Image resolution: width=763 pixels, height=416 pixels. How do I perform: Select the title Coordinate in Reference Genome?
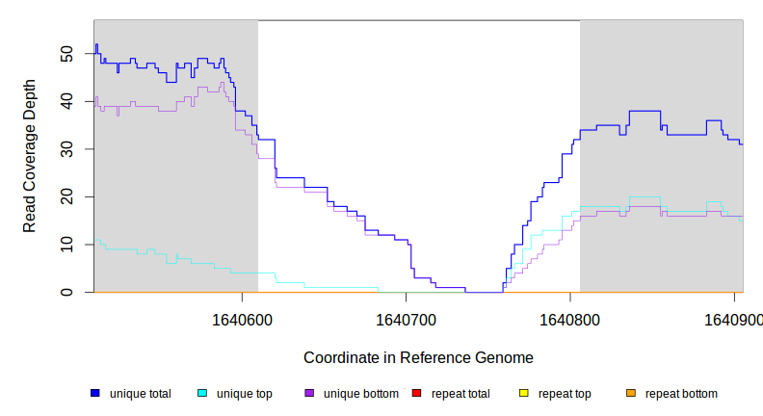click(418, 357)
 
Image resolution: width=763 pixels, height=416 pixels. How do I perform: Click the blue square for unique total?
click(95, 393)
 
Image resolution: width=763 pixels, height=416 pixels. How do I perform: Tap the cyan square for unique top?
click(202, 393)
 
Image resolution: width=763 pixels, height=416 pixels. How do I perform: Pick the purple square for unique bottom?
click(309, 393)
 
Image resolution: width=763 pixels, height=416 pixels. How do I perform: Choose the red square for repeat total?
click(416, 393)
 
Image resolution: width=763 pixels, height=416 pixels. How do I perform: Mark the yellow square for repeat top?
click(524, 393)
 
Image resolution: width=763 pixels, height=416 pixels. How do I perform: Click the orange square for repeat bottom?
click(631, 393)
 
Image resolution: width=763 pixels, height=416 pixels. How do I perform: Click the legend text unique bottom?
click(360, 394)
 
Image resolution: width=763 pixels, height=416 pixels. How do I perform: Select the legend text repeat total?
click(461, 394)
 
